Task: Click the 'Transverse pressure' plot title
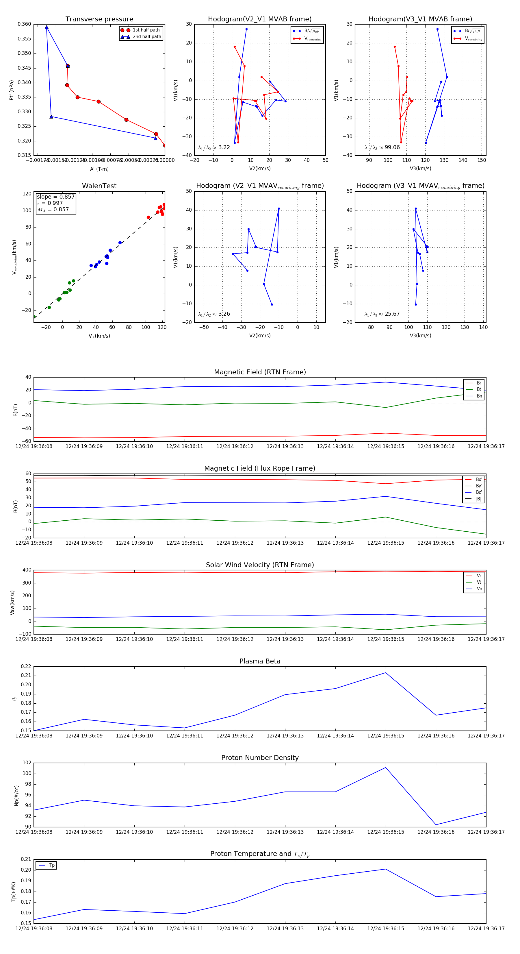(99, 19)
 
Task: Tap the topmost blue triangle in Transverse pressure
(47, 27)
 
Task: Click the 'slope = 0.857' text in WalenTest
(55, 197)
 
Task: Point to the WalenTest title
(99, 186)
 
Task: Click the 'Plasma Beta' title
(260, 661)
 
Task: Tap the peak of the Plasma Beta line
(386, 672)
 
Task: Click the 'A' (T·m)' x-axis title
(99, 169)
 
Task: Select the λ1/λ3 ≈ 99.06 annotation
(382, 147)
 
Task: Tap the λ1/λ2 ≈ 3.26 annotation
(214, 314)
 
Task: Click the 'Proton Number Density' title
(260, 758)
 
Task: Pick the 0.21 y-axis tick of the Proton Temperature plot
(26, 859)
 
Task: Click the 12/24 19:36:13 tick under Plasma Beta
(285, 735)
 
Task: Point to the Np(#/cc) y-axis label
(16, 795)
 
